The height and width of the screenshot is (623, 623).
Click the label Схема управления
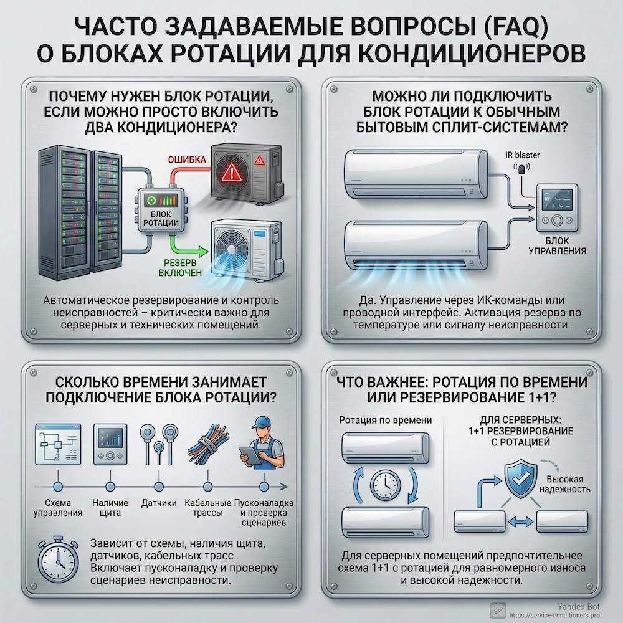coord(59,508)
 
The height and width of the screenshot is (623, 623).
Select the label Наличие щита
coord(110,508)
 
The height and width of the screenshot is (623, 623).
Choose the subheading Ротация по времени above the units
coord(385,421)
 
